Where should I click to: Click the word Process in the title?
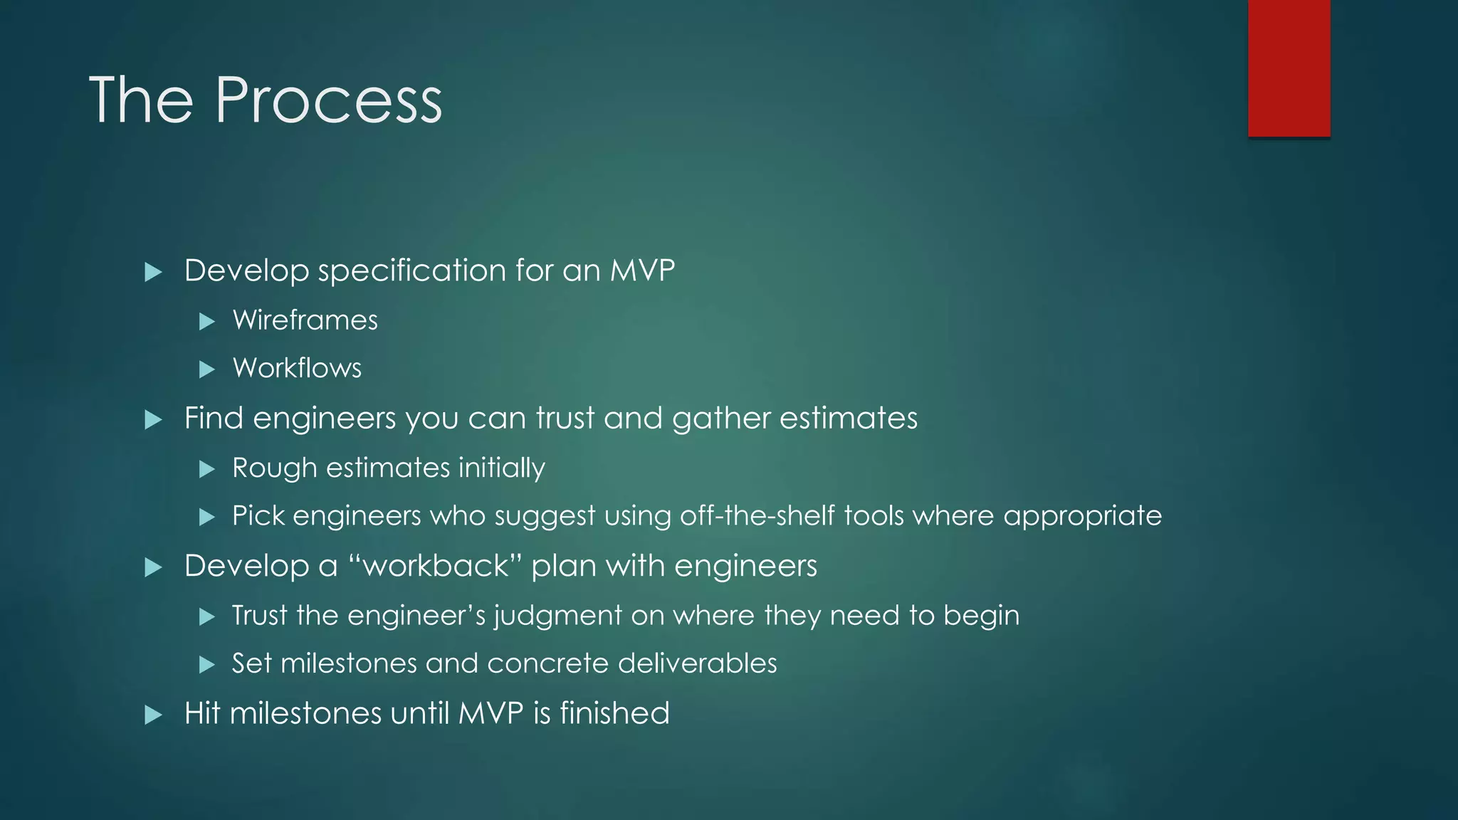(x=328, y=100)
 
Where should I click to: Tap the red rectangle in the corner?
(x=1289, y=68)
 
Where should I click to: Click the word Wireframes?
(x=305, y=320)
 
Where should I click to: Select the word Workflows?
(x=297, y=368)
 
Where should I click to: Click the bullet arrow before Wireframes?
(x=207, y=322)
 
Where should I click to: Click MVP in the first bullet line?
(x=642, y=270)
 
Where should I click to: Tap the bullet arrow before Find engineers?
(x=153, y=419)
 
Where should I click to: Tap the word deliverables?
(x=697, y=663)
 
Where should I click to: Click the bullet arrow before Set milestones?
(x=207, y=665)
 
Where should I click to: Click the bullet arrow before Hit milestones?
(x=153, y=715)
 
